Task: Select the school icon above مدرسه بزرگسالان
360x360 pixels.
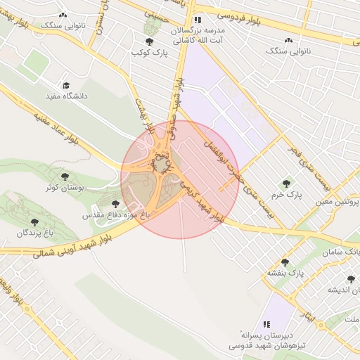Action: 198,20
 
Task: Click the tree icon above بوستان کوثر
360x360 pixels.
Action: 65,177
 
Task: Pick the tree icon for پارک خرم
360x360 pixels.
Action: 285,184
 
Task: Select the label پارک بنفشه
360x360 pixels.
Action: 283,272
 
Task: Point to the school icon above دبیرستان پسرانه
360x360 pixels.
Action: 266,324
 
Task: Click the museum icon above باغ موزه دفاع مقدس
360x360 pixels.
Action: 115,203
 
